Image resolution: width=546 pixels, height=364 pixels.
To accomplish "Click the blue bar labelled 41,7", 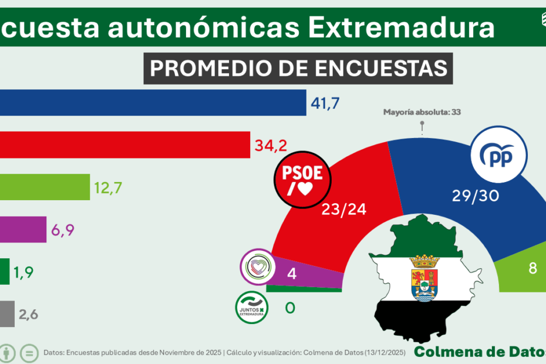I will click(x=153, y=103).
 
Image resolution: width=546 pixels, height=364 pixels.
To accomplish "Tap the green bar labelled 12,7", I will click(x=45, y=187).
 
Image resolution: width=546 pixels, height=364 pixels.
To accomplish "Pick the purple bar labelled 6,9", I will click(x=23, y=229).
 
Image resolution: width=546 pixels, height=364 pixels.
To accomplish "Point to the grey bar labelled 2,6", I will click(x=7, y=314).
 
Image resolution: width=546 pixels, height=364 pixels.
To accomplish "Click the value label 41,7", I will click(x=325, y=104).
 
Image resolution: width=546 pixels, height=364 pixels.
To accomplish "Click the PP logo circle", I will click(x=499, y=156).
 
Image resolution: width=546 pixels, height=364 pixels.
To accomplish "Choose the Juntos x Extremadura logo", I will click(x=252, y=307).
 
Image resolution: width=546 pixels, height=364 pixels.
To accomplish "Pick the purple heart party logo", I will click(x=258, y=267).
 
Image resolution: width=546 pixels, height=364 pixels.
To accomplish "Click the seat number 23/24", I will click(x=344, y=209).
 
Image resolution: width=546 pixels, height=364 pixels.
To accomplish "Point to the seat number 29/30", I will click(x=476, y=196).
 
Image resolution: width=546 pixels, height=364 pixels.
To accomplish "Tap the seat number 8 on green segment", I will click(x=533, y=268).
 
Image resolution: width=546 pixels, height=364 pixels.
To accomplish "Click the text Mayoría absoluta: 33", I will click(x=422, y=112).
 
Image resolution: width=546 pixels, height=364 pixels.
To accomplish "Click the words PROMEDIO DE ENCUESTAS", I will click(x=298, y=68).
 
